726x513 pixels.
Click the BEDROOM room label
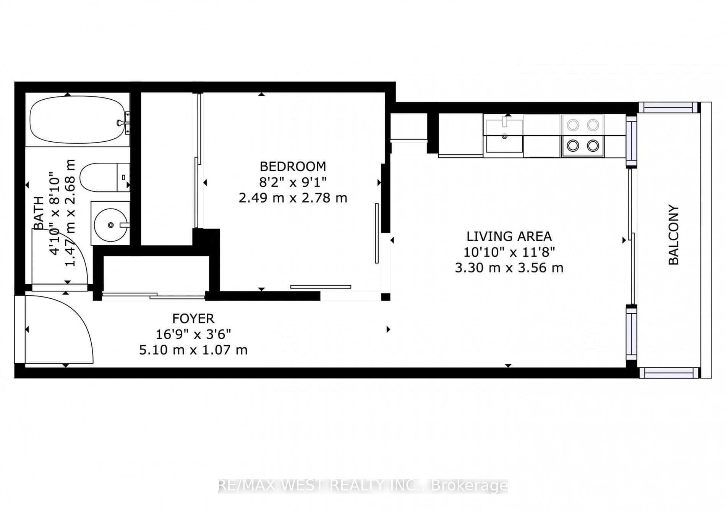(293, 167)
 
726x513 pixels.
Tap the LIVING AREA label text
(509, 236)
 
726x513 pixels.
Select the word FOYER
(193, 319)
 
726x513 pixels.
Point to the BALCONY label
(673, 235)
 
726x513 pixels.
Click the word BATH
(39, 213)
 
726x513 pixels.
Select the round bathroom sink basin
(110, 225)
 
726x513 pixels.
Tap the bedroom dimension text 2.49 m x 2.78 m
(293, 198)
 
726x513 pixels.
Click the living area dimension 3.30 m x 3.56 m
(509, 268)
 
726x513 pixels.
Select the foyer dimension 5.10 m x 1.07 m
(193, 350)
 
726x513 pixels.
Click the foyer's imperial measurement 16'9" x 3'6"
(193, 334)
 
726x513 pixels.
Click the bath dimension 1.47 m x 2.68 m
(71, 213)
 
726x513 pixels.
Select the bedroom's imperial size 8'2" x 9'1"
(293, 182)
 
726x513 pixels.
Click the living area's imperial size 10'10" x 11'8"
(509, 252)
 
